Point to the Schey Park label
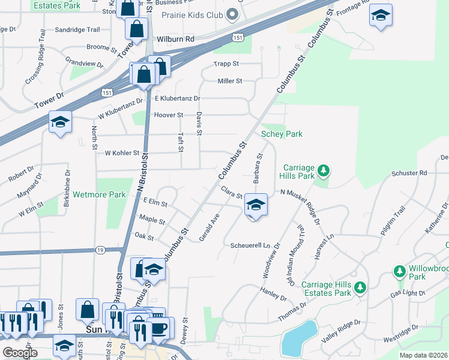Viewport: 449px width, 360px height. pyautogui.click(x=282, y=134)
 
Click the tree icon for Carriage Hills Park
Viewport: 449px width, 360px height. pyautogui.click(x=324, y=171)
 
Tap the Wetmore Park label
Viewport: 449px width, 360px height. pyautogui.click(x=99, y=195)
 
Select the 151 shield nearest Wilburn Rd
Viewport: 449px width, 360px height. pyautogui.click(x=238, y=38)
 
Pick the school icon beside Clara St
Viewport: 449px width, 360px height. pyautogui.click(x=256, y=205)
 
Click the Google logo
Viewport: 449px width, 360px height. pyautogui.click(x=20, y=353)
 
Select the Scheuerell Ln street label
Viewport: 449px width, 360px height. pyautogui.click(x=256, y=245)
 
